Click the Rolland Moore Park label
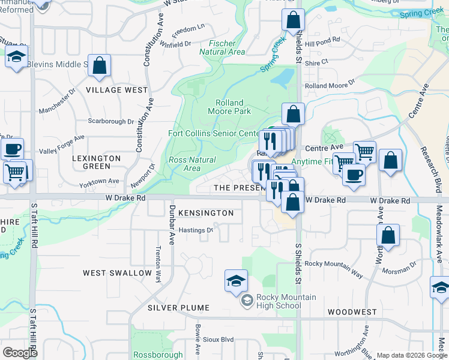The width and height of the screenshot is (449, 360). click(229, 107)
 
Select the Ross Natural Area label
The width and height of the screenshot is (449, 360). click(192, 164)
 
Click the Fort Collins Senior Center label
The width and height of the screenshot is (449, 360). click(214, 133)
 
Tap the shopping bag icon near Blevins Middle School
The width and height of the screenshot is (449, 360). click(100, 65)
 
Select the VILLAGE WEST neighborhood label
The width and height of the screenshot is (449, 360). click(116, 90)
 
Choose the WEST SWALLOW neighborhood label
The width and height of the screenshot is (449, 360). click(118, 273)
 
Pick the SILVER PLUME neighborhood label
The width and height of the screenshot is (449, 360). click(178, 308)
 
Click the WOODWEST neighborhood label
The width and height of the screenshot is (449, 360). click(352, 312)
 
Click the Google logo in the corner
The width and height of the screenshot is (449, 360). click(20, 353)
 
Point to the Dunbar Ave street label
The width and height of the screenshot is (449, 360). click(171, 224)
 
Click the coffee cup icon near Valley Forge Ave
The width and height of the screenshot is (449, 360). click(11, 149)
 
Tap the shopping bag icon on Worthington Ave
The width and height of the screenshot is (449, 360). click(388, 237)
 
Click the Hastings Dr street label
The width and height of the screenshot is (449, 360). click(196, 230)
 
